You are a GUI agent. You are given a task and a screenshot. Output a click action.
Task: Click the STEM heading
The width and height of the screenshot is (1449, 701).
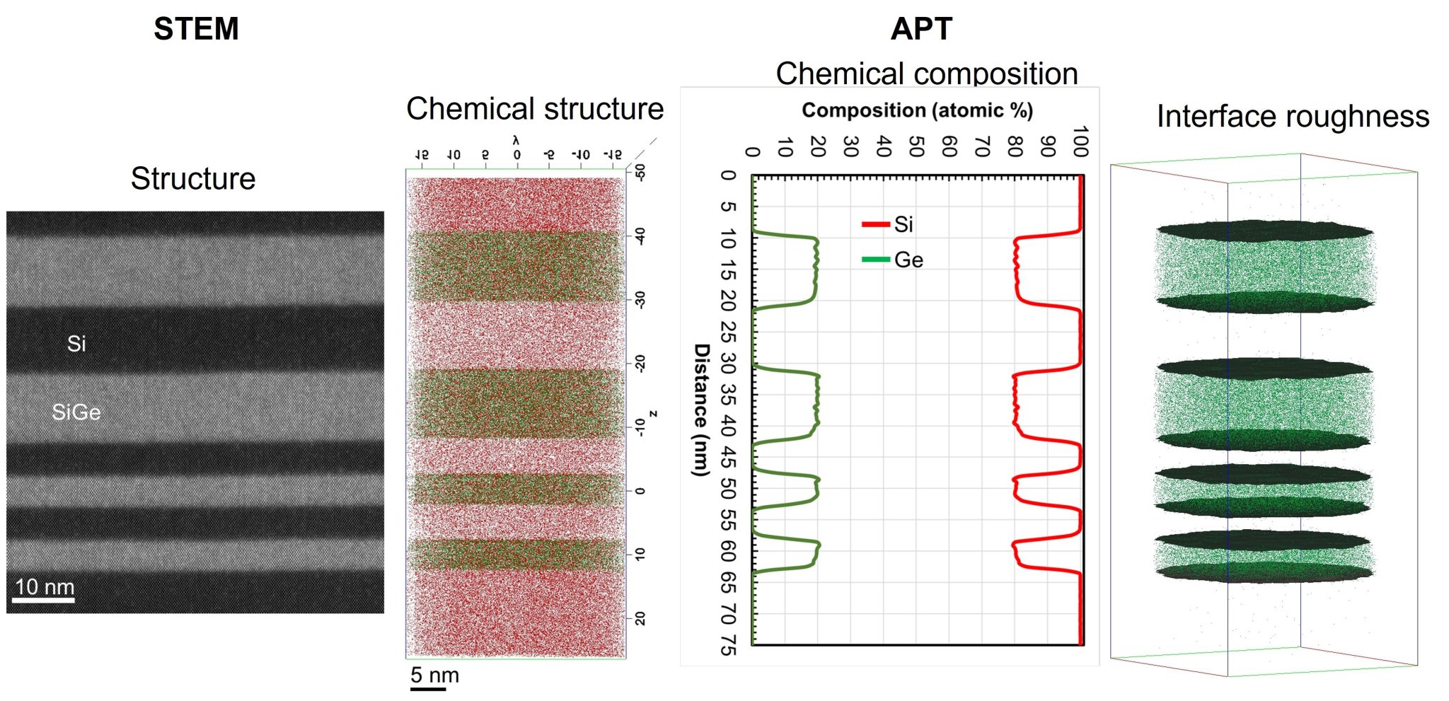pyautogui.click(x=196, y=29)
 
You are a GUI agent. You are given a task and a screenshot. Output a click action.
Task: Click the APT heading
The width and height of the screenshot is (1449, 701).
pyautogui.click(x=921, y=29)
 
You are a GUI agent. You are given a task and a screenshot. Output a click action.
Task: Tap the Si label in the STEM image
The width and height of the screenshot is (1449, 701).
pyautogui.click(x=76, y=344)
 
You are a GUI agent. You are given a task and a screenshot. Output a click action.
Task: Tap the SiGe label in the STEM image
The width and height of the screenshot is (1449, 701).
pyautogui.click(x=76, y=412)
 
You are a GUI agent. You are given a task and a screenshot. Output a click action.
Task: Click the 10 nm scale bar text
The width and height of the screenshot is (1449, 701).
pyautogui.click(x=45, y=586)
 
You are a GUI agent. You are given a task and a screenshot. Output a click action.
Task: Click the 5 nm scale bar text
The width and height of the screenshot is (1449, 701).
pyautogui.click(x=434, y=675)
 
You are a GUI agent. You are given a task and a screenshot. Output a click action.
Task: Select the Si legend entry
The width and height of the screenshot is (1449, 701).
pyautogui.click(x=903, y=225)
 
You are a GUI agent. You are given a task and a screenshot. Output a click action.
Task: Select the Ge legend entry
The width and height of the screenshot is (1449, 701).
pyautogui.click(x=908, y=260)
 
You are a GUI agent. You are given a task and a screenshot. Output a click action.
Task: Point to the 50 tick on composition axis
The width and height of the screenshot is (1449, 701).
pyautogui.click(x=917, y=147)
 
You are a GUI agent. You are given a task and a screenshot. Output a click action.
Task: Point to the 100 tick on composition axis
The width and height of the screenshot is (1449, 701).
pyautogui.click(x=1080, y=141)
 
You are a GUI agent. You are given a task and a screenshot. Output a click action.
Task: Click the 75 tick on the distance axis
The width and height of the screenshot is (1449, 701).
pyautogui.click(x=728, y=645)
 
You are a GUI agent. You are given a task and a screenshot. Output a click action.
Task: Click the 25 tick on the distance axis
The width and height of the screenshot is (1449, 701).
pyautogui.click(x=728, y=332)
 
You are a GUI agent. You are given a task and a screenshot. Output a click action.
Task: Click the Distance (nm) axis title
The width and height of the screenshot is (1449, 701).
pyautogui.click(x=700, y=410)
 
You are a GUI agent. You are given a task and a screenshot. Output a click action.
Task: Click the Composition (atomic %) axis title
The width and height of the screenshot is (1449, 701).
pyautogui.click(x=917, y=110)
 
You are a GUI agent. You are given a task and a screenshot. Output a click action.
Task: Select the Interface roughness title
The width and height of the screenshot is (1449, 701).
pyautogui.click(x=1293, y=117)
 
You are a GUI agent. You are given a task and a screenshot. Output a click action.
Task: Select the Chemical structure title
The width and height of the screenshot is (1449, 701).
pyautogui.click(x=535, y=109)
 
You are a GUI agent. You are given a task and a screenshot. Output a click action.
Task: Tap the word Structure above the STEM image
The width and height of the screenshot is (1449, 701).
pyautogui.click(x=193, y=178)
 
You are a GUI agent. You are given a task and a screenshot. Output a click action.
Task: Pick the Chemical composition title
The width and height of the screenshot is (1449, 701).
pyautogui.click(x=927, y=74)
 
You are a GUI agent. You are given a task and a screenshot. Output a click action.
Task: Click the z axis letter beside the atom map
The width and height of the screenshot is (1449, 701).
pyautogui.click(x=654, y=414)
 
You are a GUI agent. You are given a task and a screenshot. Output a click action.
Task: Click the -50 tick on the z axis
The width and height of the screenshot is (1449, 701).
pyautogui.click(x=640, y=173)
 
